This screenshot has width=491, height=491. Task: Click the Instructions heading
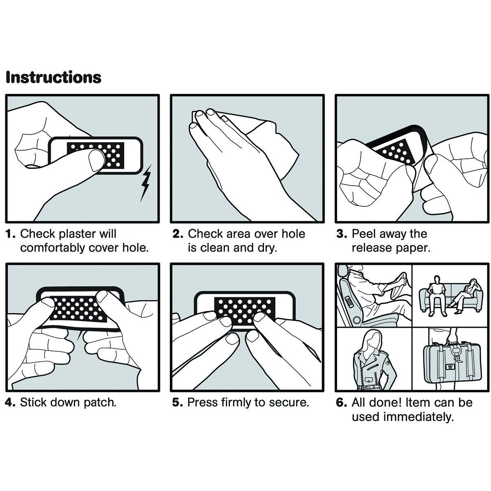tap(54, 78)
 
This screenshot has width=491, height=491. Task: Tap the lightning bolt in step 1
tap(146, 183)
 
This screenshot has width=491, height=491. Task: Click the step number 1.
tap(11, 234)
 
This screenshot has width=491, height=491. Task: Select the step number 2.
tap(177, 234)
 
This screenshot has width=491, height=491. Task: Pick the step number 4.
tap(11, 402)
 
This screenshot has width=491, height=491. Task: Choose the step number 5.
tap(177, 402)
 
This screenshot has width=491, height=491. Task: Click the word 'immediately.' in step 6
tap(419, 417)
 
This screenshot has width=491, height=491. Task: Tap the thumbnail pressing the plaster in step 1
tap(96, 160)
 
